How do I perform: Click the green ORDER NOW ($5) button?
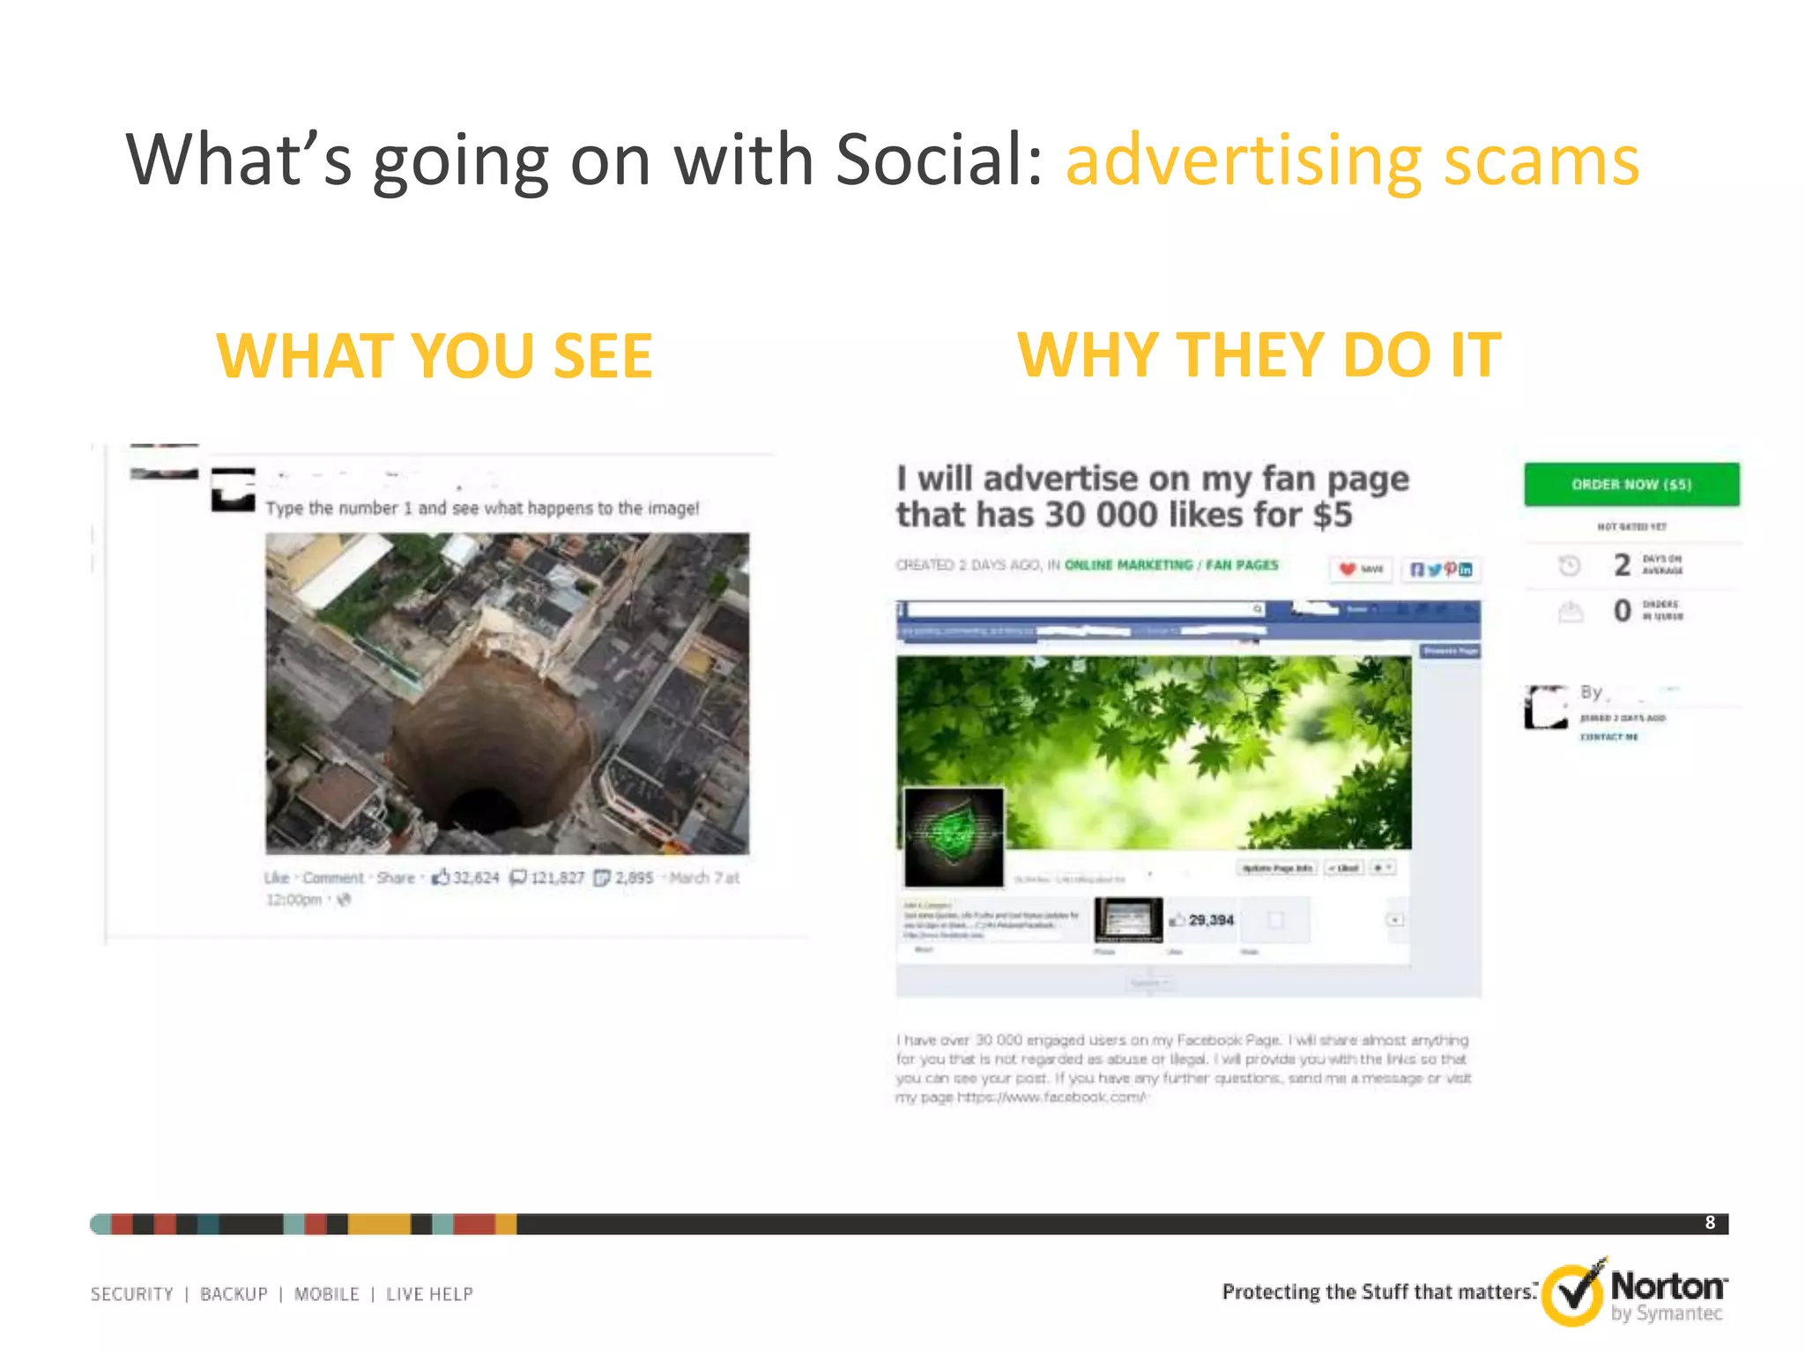(x=1631, y=484)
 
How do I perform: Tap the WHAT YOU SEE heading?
(x=435, y=356)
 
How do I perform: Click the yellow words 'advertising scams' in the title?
(x=1352, y=160)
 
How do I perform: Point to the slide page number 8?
(x=1710, y=1223)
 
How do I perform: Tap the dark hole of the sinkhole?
(x=483, y=807)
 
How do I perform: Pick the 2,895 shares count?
(x=634, y=878)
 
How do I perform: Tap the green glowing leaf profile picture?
(x=954, y=836)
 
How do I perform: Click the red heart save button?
(x=1360, y=569)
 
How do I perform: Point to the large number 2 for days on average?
(x=1622, y=565)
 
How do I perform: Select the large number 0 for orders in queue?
(x=1622, y=610)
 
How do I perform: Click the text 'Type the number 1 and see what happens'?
(x=482, y=509)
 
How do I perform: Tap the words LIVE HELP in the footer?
(x=429, y=1294)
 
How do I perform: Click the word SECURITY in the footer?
(x=132, y=1294)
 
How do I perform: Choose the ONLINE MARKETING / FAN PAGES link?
(x=1170, y=565)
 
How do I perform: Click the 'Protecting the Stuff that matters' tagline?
(x=1378, y=1292)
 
